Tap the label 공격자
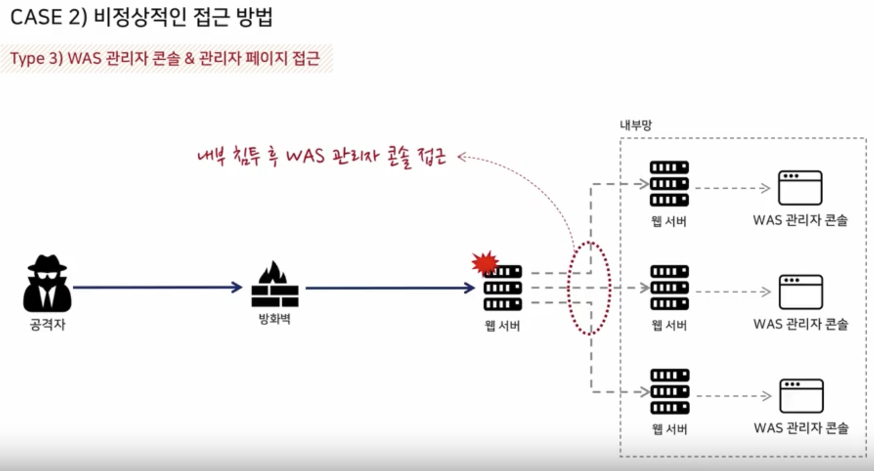(x=48, y=324)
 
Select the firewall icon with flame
(x=274, y=285)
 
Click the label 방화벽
(x=274, y=320)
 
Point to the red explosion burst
(x=484, y=263)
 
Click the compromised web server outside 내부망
(x=503, y=288)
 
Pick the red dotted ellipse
(x=589, y=288)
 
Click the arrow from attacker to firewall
(x=156, y=287)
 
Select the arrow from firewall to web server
(x=390, y=287)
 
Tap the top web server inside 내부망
(x=669, y=184)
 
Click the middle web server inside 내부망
(x=669, y=287)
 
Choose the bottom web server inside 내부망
(x=669, y=392)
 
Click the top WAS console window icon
(x=800, y=188)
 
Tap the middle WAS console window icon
(x=800, y=292)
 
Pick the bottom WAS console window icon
(x=801, y=395)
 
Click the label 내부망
(x=635, y=125)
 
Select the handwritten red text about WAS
(x=322, y=158)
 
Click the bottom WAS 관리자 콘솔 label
(x=801, y=428)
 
